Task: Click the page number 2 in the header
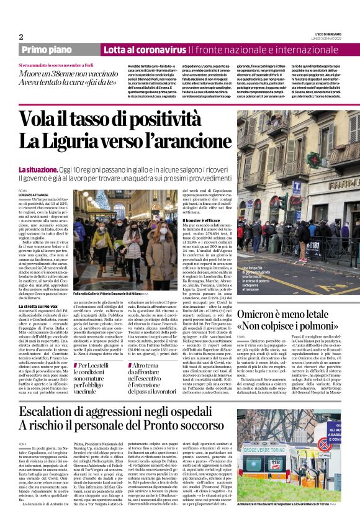[21, 37]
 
